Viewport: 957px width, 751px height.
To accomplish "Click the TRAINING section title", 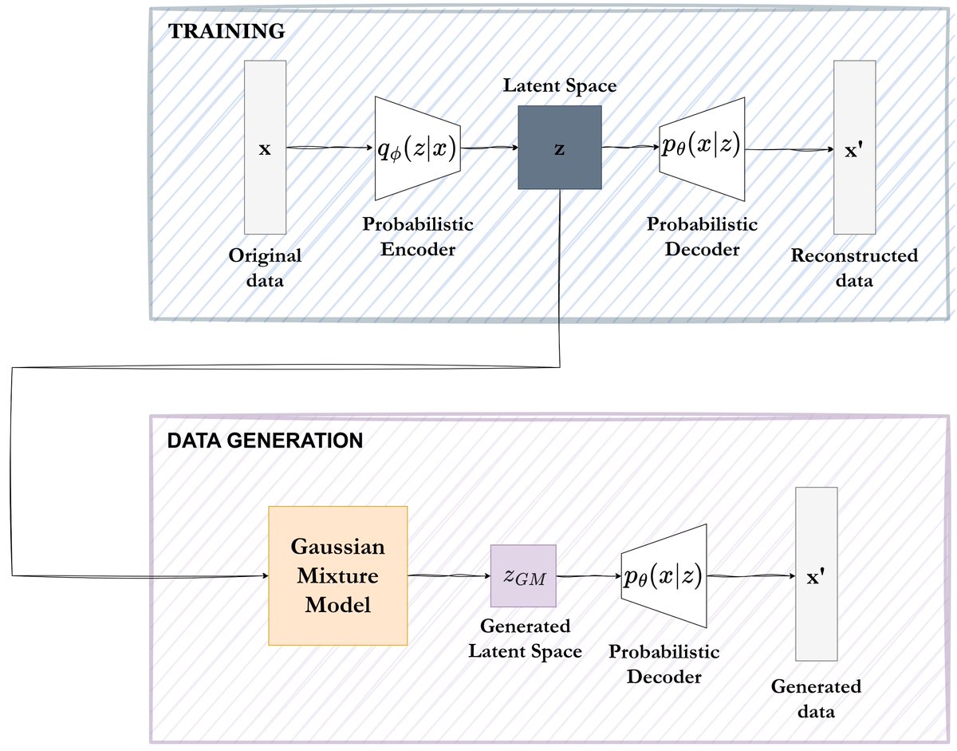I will (x=226, y=32).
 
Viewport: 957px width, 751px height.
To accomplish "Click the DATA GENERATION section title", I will (x=265, y=440).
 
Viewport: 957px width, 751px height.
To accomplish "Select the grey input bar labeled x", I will (x=264, y=148).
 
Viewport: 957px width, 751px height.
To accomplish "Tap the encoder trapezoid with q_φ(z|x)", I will (x=417, y=149).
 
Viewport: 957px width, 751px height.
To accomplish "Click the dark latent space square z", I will (x=559, y=148).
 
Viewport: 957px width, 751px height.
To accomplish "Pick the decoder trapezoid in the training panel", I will (x=702, y=149).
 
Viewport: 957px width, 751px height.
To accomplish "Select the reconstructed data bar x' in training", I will (x=853, y=148).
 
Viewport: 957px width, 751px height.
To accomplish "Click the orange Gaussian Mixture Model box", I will (x=338, y=575).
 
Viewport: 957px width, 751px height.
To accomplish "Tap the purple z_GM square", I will (x=523, y=576).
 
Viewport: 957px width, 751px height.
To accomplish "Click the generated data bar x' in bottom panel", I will (x=816, y=575).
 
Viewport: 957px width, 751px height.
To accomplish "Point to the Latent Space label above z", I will (x=559, y=85).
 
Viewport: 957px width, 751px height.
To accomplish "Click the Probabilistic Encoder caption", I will (x=418, y=236).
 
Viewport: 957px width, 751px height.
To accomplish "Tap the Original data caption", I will (x=265, y=268).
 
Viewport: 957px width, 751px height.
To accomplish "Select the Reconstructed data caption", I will (x=854, y=268).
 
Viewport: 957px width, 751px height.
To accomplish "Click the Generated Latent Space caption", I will (x=524, y=638).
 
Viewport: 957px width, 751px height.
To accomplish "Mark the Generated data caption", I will (x=816, y=698).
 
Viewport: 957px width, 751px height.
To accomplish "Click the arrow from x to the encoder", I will (x=329, y=148).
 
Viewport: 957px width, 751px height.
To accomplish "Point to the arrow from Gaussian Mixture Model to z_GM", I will (x=448, y=575).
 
